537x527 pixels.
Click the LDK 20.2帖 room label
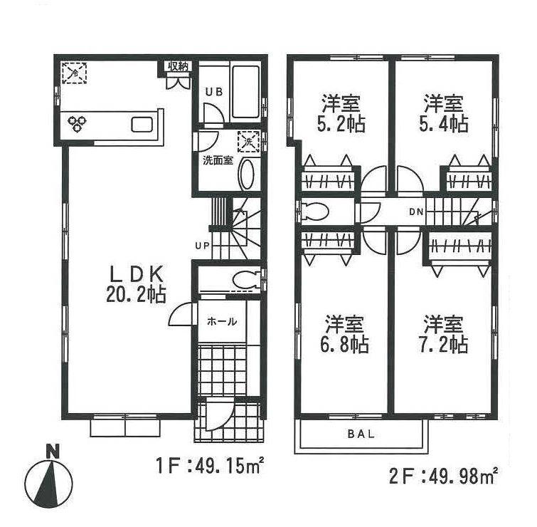(137, 283)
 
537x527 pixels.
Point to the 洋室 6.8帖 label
(345, 335)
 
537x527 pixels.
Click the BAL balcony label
(361, 434)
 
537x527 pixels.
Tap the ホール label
(222, 322)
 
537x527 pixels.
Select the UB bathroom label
(213, 92)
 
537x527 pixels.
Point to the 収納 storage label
(178, 66)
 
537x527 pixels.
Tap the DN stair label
(416, 212)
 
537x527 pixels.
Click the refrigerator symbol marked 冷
(73, 72)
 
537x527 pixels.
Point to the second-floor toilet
(314, 211)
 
